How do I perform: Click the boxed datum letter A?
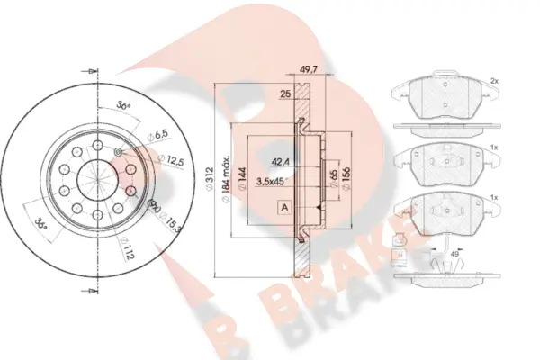pyautogui.click(x=285, y=208)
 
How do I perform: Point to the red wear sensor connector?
pyautogui.click(x=400, y=240)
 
